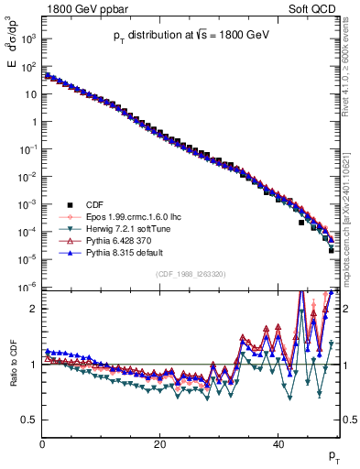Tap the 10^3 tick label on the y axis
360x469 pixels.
[x=28, y=39]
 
